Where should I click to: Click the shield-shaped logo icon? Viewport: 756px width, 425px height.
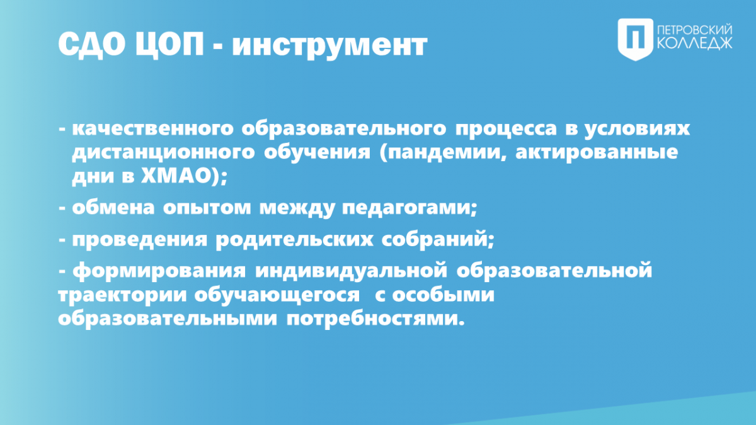click(x=636, y=40)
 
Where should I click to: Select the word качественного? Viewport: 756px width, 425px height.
click(x=153, y=128)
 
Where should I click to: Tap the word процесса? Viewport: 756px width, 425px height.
click(x=506, y=129)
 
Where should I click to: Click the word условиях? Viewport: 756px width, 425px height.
click(x=637, y=129)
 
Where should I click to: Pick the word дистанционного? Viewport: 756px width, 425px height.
click(x=163, y=153)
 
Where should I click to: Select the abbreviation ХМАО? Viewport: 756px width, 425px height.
click(x=176, y=176)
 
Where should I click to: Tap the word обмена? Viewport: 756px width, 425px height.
click(x=113, y=207)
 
